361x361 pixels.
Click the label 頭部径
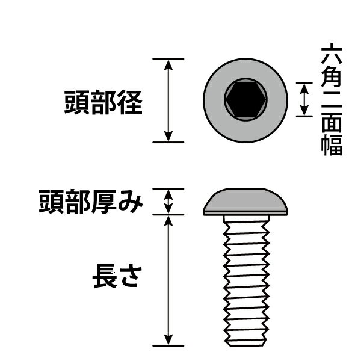tap(103, 102)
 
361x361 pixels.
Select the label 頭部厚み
tap(91, 202)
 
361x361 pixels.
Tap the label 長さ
tap(117, 276)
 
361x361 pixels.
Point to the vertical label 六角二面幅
tap(332, 99)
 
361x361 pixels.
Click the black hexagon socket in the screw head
tap(246, 99)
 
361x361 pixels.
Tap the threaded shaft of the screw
tap(246, 281)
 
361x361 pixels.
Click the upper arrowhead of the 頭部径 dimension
tap(168, 65)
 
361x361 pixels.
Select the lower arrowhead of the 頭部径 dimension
tap(168, 136)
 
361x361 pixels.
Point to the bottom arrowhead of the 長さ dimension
tap(168, 339)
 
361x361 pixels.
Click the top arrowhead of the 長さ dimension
tap(168, 221)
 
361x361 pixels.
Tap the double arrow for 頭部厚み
tap(168, 202)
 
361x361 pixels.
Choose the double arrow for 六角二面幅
tap(304, 99)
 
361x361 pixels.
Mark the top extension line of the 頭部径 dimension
tap(168, 59)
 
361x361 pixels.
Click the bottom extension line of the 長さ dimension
tap(168, 345)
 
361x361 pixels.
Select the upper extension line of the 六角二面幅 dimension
tap(304, 82)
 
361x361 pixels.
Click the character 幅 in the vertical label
tap(332, 146)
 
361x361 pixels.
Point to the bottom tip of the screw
tap(246, 345)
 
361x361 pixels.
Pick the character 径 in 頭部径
tap(130, 102)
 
